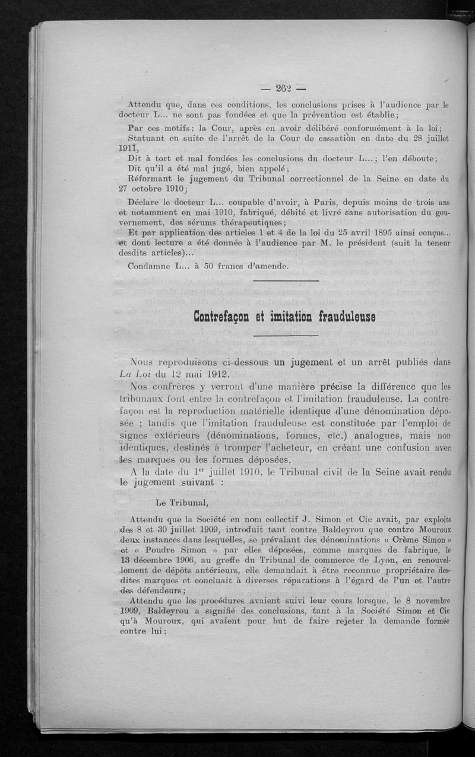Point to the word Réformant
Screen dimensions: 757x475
tap(151, 178)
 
